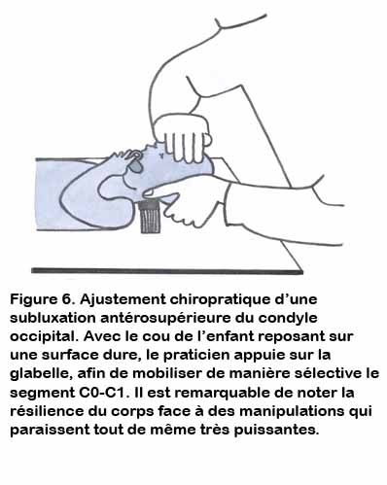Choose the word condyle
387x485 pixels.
point(288,318)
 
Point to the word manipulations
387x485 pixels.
point(293,412)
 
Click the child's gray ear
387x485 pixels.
point(135,166)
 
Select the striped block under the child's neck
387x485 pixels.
point(151,217)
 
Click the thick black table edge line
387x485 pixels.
point(167,271)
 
